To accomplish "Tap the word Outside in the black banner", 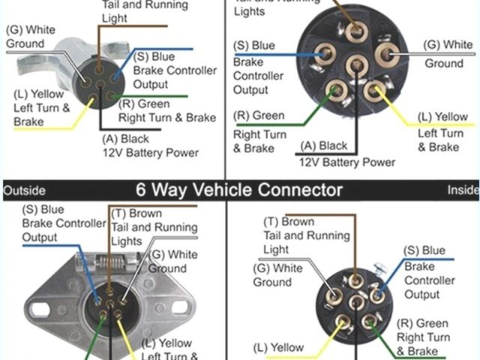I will (24, 190).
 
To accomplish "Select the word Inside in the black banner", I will (463, 190).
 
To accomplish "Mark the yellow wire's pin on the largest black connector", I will (375, 91).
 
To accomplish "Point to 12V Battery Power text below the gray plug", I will (150, 153).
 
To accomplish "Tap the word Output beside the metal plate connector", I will (40, 237).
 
